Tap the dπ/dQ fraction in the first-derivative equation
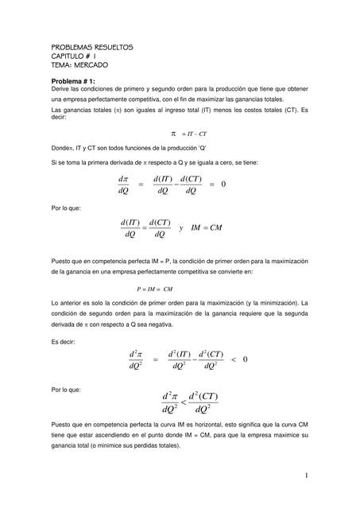point(122,185)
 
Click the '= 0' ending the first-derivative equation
point(218,185)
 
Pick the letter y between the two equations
point(181,227)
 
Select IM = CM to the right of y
point(207,227)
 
